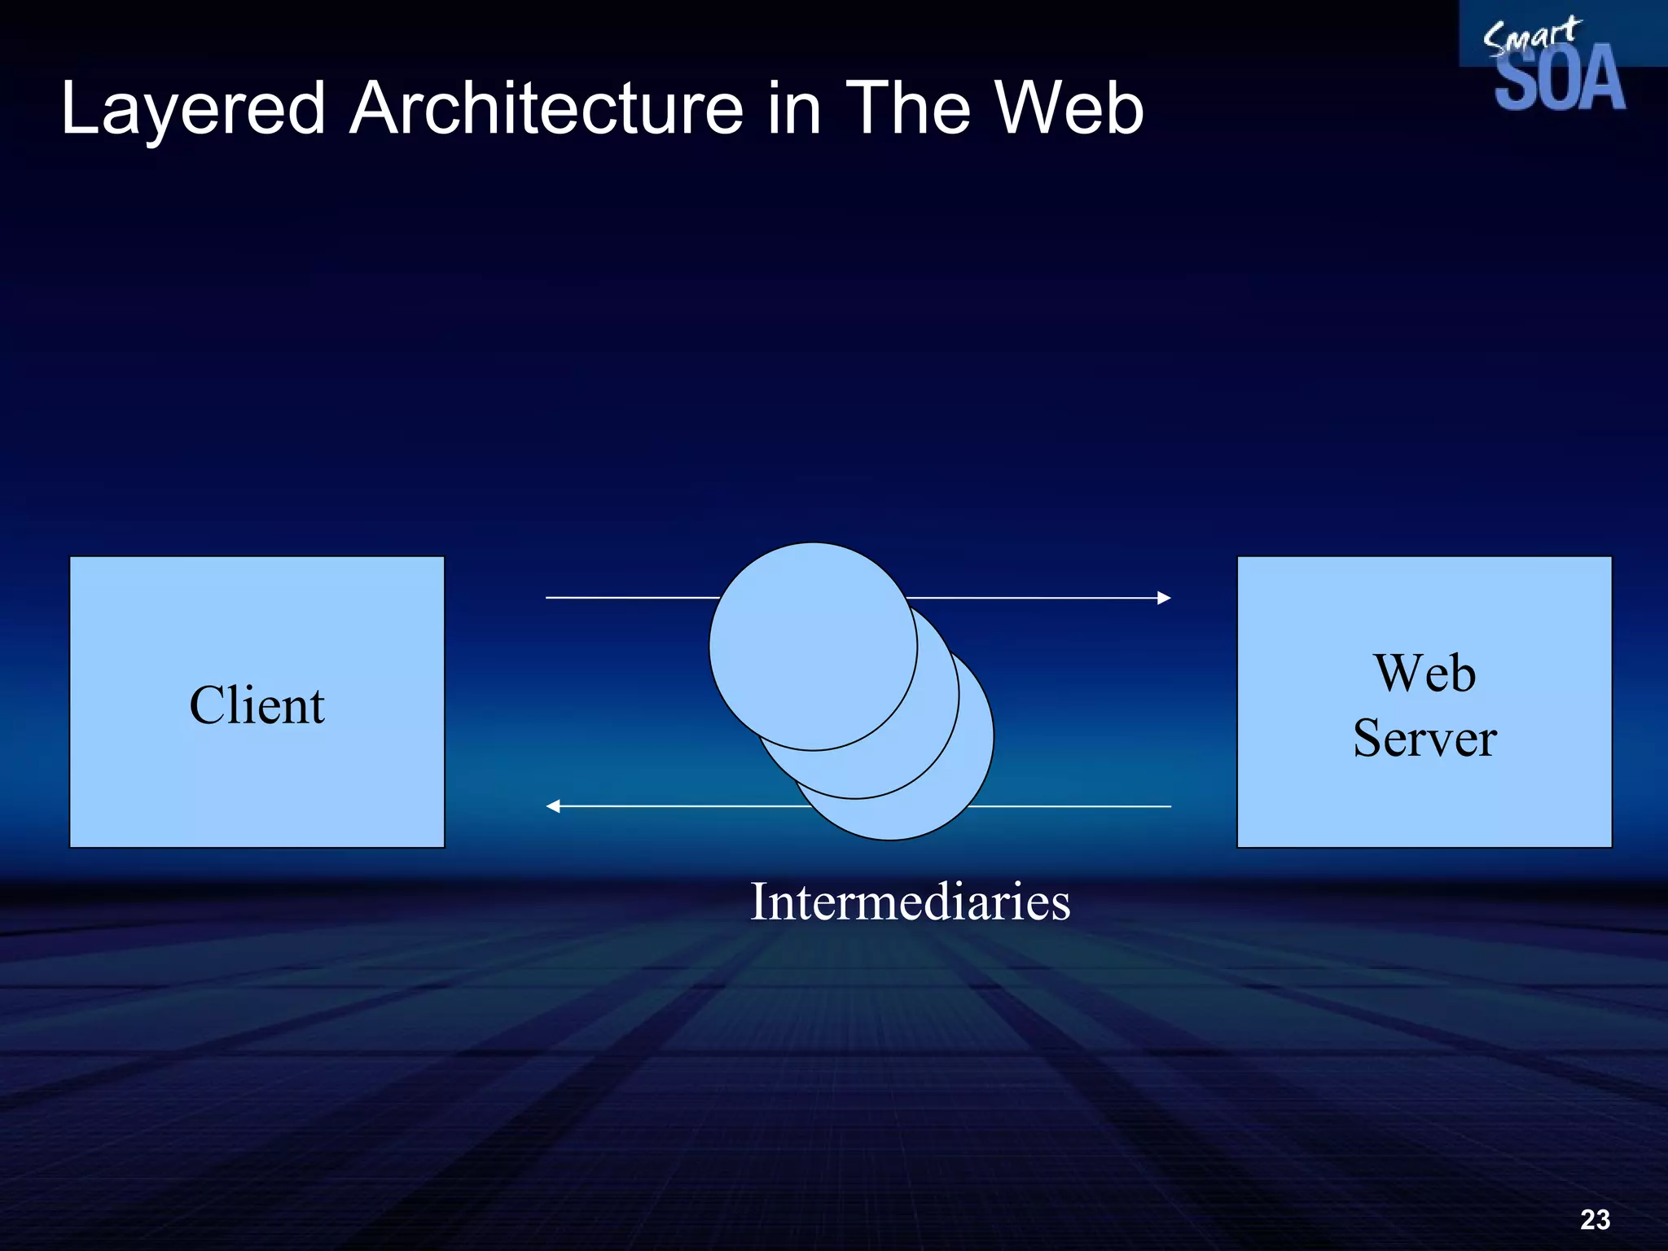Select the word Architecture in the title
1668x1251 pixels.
546,109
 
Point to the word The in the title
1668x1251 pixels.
904,109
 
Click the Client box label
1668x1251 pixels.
257,705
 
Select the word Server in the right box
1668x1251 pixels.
1424,738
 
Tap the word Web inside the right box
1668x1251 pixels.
1424,674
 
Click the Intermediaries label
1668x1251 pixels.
910,902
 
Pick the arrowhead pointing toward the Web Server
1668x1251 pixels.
1164,598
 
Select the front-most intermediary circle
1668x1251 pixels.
813,647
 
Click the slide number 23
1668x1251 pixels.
1595,1219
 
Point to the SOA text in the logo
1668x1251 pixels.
1559,80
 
